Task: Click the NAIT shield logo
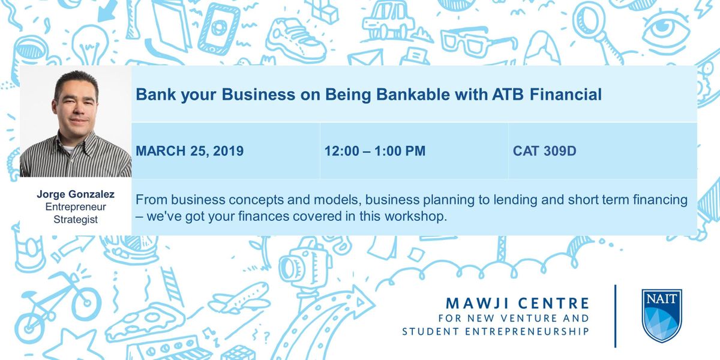[x=661, y=316]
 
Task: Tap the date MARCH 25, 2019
[x=190, y=151]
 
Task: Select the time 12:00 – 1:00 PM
[x=375, y=151]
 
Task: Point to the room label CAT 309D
[x=545, y=151]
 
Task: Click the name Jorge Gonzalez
[x=76, y=194]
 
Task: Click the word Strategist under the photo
[x=76, y=220]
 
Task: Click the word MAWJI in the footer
[x=475, y=303]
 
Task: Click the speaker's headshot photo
[x=76, y=121]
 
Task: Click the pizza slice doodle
[x=145, y=323]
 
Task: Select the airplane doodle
[x=239, y=298]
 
